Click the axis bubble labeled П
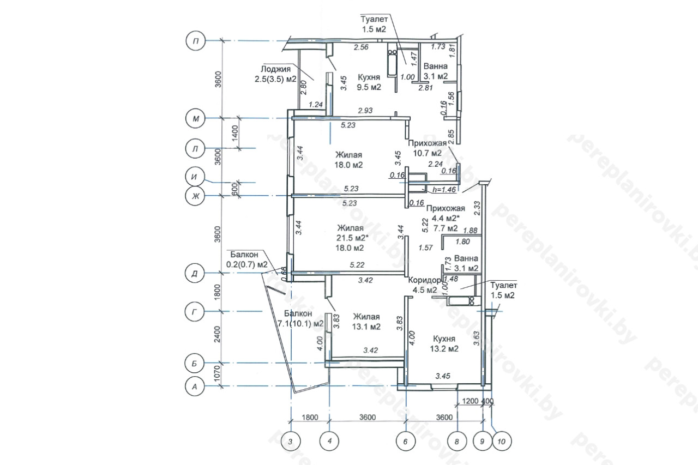(x=196, y=41)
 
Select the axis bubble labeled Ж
(x=195, y=196)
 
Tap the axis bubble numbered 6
(x=405, y=442)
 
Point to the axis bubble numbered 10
(x=502, y=442)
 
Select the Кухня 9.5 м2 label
(x=369, y=82)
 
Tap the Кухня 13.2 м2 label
(x=444, y=343)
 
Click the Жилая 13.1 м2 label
(x=366, y=322)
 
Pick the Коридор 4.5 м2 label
(x=425, y=285)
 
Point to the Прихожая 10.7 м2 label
(x=427, y=148)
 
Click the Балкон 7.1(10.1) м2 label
(x=300, y=318)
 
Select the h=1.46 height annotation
(x=444, y=189)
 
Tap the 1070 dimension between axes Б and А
(x=218, y=375)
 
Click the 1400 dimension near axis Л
(x=235, y=133)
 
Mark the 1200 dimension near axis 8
(x=470, y=401)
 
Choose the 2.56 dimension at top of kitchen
(x=361, y=47)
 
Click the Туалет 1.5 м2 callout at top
(x=374, y=24)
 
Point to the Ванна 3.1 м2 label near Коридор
(x=466, y=263)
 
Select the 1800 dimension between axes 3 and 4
(x=310, y=417)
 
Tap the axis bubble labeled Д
(x=195, y=273)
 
